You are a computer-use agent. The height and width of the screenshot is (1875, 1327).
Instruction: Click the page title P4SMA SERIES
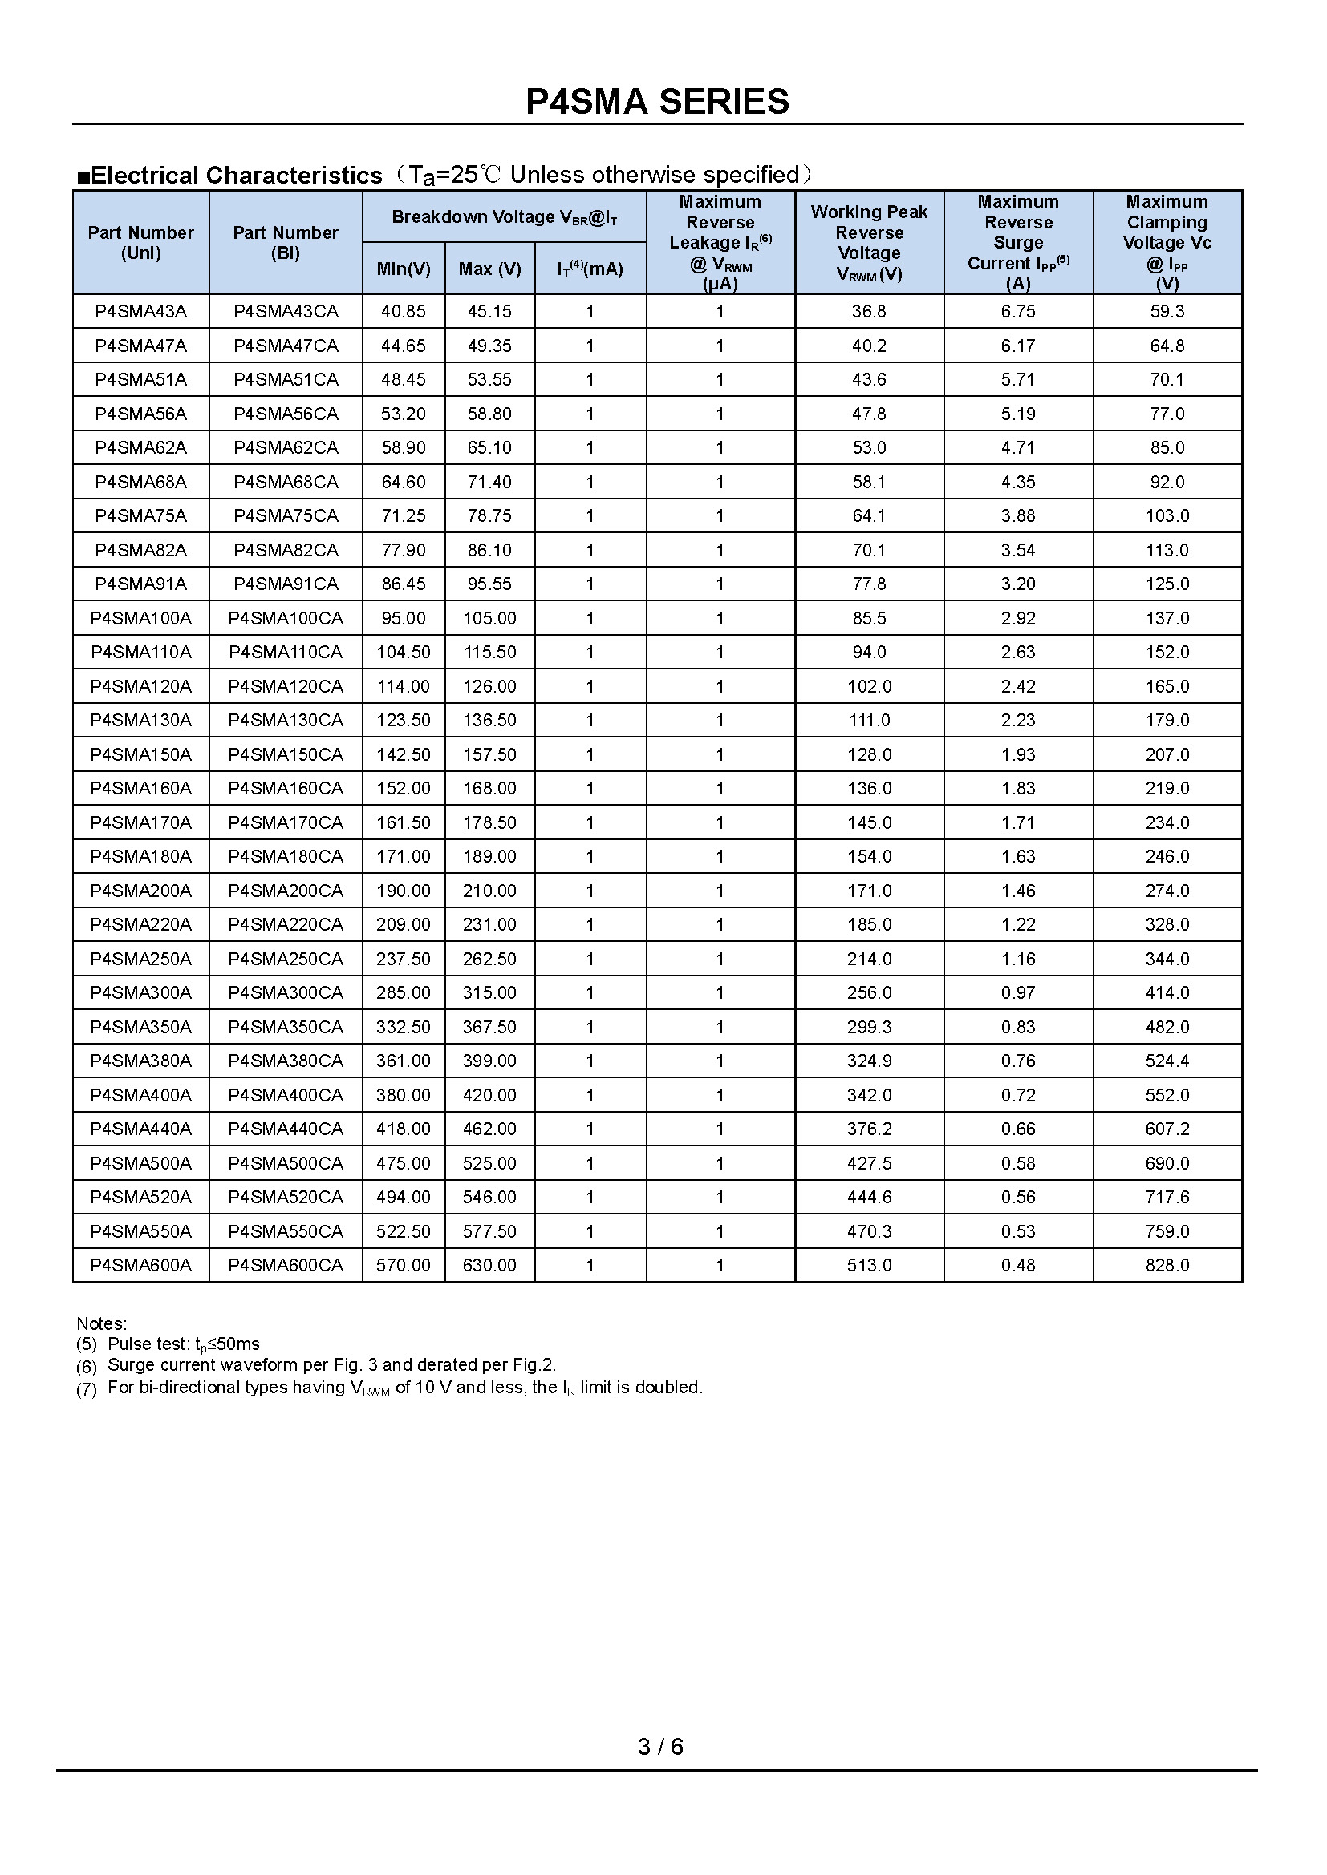point(657,102)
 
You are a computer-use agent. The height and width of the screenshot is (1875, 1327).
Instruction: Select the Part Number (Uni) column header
point(140,243)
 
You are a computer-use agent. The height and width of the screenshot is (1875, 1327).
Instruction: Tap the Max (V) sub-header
point(489,269)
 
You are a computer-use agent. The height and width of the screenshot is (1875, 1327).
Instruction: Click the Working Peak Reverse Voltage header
point(869,243)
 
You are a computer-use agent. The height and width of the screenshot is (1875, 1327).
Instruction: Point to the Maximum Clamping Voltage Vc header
point(1167,243)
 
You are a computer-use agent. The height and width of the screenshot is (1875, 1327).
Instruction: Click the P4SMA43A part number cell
point(140,311)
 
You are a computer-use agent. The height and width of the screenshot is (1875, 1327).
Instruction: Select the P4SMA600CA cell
point(285,1265)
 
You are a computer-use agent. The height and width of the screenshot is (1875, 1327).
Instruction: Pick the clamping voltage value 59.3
point(1167,311)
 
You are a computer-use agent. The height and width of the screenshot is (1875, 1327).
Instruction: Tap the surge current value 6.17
point(1018,346)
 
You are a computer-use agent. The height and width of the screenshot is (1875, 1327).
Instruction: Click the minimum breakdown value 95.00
point(404,618)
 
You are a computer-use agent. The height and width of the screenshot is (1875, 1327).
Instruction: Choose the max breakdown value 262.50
point(489,959)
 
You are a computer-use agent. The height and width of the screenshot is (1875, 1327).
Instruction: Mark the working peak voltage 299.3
point(869,1027)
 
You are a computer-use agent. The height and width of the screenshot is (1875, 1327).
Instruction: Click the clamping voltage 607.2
point(1167,1129)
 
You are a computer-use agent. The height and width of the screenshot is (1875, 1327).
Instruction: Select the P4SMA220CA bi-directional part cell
point(285,924)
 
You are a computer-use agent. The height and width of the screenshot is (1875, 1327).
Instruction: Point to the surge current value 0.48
point(1018,1265)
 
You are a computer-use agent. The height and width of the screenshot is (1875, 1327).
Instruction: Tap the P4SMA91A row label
point(140,584)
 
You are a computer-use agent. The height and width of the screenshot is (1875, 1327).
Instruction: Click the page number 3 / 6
point(660,1747)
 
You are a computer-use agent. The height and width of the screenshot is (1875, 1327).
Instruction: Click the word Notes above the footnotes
point(101,1323)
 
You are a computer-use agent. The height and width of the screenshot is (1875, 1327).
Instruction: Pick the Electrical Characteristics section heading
point(236,175)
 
